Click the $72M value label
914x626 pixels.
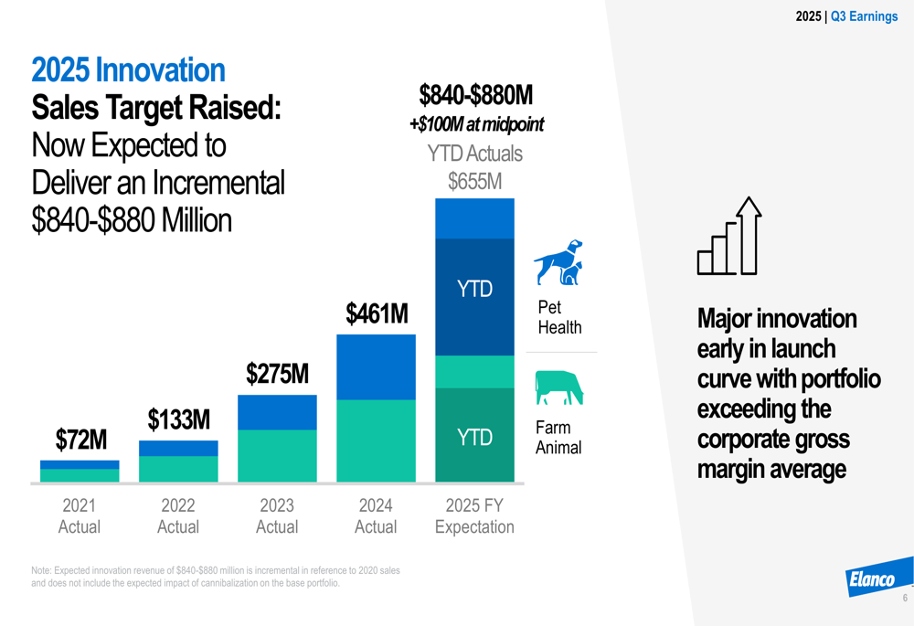(x=80, y=440)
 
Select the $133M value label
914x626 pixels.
(x=179, y=420)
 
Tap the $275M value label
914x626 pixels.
(x=277, y=374)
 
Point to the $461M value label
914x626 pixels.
(x=376, y=313)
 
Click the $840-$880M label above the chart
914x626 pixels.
(x=475, y=95)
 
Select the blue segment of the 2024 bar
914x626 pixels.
(x=376, y=366)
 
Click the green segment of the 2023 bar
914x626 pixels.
(x=277, y=455)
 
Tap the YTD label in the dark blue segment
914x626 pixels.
(x=474, y=290)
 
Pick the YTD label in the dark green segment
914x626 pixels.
(x=474, y=438)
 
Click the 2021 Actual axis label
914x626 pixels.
(x=80, y=516)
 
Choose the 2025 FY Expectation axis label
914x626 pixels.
(x=474, y=516)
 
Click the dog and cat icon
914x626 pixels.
(x=558, y=262)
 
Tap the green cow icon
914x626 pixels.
(x=559, y=387)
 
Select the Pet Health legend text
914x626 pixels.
(x=559, y=318)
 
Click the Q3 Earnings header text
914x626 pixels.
(x=864, y=16)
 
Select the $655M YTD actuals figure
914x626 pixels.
(x=474, y=182)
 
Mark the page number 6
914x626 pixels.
(x=905, y=599)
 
